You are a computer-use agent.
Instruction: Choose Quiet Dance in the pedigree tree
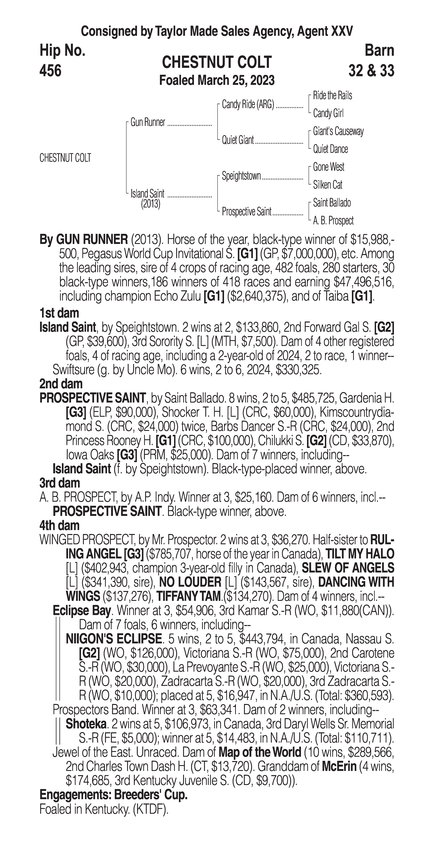pyautogui.click(x=330, y=149)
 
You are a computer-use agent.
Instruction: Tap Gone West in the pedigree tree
pyautogui.click(x=328, y=167)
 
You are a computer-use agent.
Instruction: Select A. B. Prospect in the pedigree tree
pyautogui.click(x=333, y=221)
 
